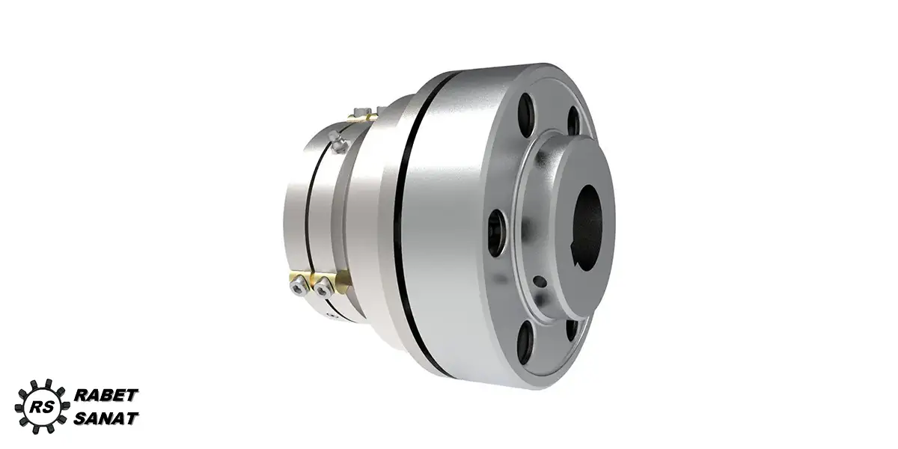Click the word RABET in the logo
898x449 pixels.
click(x=106, y=395)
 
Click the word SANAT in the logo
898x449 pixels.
click(x=106, y=418)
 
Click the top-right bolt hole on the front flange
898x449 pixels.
click(x=573, y=120)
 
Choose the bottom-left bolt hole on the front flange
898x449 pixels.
click(x=525, y=341)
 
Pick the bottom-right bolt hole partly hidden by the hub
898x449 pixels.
click(x=572, y=329)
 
